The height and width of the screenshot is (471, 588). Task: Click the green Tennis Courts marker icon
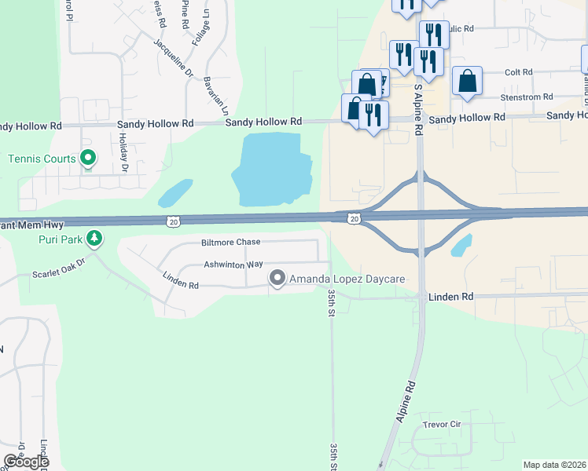88,159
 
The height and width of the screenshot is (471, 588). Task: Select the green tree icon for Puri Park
94,237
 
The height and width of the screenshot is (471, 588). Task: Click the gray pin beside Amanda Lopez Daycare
277,279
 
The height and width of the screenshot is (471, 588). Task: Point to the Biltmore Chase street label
208,243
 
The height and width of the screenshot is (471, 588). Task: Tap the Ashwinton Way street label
233,265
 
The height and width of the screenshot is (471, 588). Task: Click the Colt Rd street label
518,72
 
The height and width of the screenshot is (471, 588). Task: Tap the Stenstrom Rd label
526,97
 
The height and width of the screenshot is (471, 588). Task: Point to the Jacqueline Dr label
173,58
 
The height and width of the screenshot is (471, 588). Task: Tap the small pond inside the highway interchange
462,245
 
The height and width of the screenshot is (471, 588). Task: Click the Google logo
26,462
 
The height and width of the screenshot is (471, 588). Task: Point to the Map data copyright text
554,465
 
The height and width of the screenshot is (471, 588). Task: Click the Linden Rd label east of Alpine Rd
450,297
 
